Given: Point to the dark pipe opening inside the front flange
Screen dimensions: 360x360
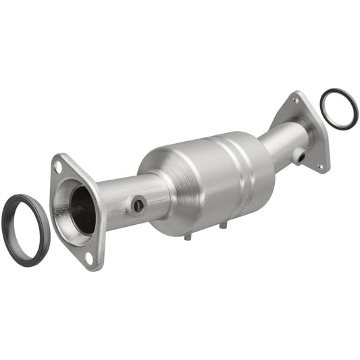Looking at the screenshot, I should [83, 209].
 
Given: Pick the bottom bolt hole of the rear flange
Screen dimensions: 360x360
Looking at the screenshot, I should [319, 166].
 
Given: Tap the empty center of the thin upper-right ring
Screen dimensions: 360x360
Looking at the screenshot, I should [338, 108].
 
